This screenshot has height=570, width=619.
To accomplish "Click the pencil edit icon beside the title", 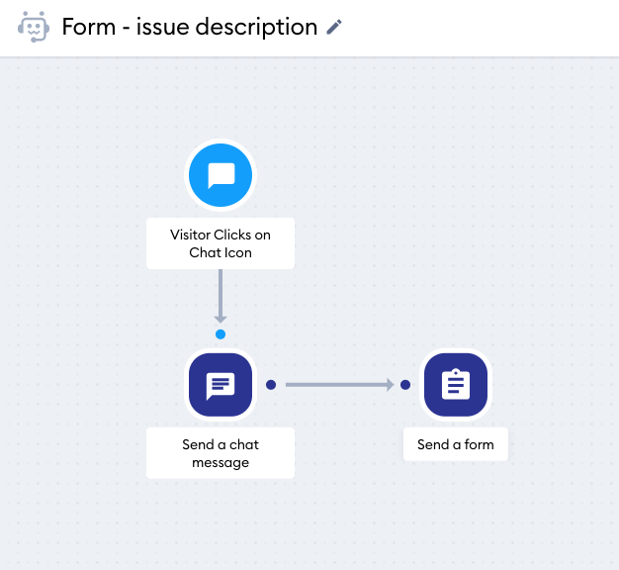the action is [x=334, y=27].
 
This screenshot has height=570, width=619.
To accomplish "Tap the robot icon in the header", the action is [x=34, y=27].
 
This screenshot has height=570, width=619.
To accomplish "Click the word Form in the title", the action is [x=89, y=27].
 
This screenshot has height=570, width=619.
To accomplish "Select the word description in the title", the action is [x=256, y=28].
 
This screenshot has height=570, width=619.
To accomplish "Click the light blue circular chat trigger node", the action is [x=221, y=175].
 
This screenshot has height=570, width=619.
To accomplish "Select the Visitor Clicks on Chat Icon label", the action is [x=221, y=243].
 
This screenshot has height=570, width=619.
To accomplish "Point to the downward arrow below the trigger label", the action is [x=221, y=296].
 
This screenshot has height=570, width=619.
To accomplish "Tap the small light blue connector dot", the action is [x=221, y=334].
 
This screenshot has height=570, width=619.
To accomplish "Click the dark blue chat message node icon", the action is [x=221, y=385].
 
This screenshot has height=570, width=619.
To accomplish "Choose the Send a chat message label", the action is [x=221, y=453].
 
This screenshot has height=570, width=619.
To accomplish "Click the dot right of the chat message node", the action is [x=271, y=385].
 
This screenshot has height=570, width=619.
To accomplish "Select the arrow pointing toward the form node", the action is [x=340, y=385].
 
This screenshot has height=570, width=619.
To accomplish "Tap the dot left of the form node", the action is [x=405, y=385].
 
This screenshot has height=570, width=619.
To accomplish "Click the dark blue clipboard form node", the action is [x=456, y=385].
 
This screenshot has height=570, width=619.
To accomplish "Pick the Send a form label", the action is [x=456, y=444].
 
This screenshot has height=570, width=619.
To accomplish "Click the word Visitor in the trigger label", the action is [x=190, y=235].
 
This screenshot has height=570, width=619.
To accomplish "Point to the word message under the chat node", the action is [x=221, y=462].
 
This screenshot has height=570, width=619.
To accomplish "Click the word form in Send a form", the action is [x=479, y=444].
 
